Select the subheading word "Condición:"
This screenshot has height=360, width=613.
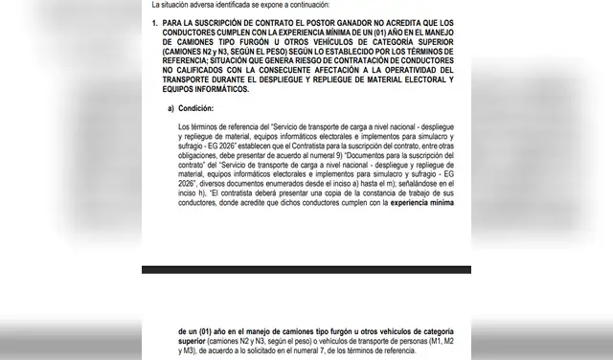coord(196,109)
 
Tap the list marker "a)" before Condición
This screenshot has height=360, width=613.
coord(171,109)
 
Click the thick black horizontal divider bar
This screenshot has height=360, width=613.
coord(306,269)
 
